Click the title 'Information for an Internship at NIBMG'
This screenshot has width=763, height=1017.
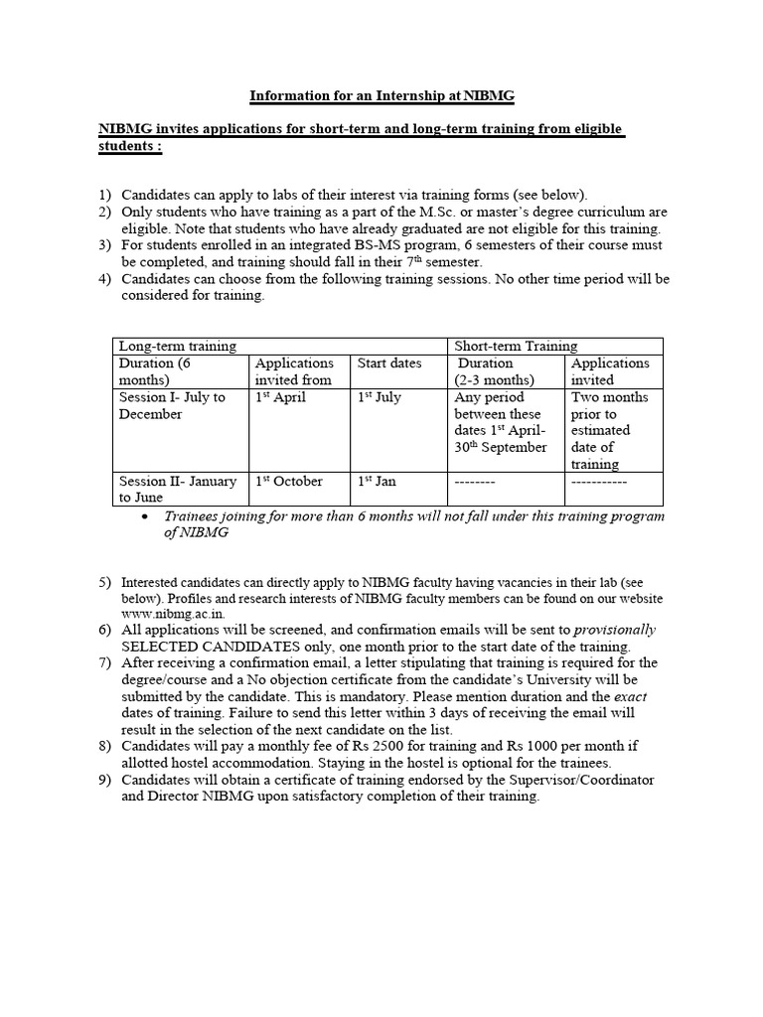click(x=381, y=96)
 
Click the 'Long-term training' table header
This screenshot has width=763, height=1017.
click(x=178, y=346)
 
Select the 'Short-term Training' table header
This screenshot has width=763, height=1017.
click(x=516, y=346)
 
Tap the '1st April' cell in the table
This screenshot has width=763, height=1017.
click(x=281, y=397)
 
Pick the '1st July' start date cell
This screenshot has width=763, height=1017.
click(x=380, y=397)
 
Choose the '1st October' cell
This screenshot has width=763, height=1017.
click(x=289, y=481)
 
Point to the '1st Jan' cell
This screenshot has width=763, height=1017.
click(x=378, y=481)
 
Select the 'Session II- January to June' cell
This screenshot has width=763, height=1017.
click(x=178, y=489)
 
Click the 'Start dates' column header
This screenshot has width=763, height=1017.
click(x=389, y=363)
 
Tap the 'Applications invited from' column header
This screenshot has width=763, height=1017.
click(x=294, y=371)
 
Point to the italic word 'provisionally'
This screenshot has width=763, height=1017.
click(x=616, y=630)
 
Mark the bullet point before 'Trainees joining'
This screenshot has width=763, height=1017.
click(x=146, y=516)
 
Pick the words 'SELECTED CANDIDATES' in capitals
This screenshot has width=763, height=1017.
click(x=196, y=647)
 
